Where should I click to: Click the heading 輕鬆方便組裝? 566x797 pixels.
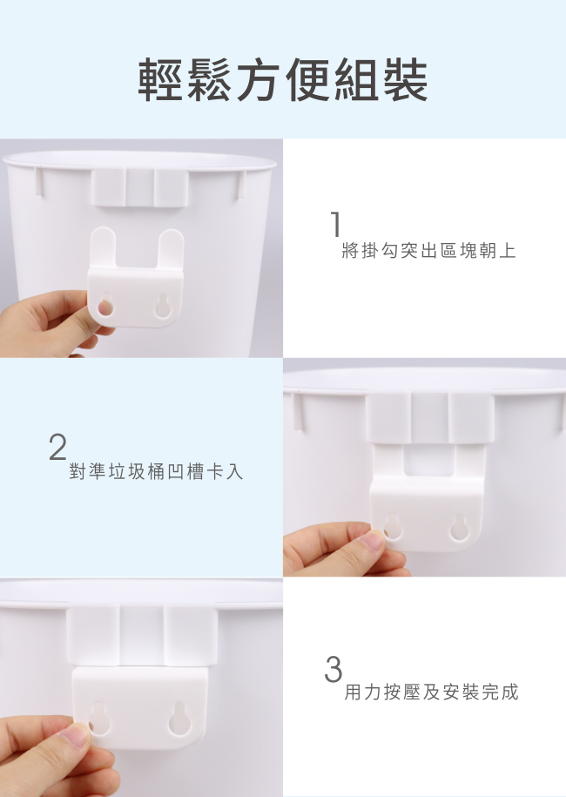pyautogui.click(x=283, y=80)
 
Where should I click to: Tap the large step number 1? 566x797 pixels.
pyautogui.click(x=335, y=224)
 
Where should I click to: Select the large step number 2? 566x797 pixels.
pyautogui.click(x=57, y=446)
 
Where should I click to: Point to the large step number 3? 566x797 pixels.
pyautogui.click(x=334, y=669)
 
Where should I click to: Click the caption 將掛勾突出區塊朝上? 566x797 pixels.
pyautogui.click(x=428, y=251)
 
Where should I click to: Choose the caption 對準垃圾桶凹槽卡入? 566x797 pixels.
pyautogui.click(x=156, y=472)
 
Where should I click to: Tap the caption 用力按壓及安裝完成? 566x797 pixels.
pyautogui.click(x=431, y=692)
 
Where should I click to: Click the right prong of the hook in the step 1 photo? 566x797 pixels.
pyautogui.click(x=170, y=249)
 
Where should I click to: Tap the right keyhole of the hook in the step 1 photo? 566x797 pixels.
pyautogui.click(x=163, y=306)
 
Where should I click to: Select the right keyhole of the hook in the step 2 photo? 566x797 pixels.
pyautogui.click(x=459, y=527)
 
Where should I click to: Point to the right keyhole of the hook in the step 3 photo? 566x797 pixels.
pyautogui.click(x=180, y=719)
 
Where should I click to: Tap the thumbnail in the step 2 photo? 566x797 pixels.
pyautogui.click(x=373, y=540)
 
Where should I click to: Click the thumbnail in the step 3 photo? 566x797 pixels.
pyautogui.click(x=75, y=735)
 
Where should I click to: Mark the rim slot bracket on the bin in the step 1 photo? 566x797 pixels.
pyautogui.click(x=139, y=187)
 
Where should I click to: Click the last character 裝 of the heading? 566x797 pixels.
pyautogui.click(x=406, y=80)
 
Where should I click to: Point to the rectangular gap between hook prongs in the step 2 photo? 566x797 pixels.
pyautogui.click(x=428, y=461)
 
